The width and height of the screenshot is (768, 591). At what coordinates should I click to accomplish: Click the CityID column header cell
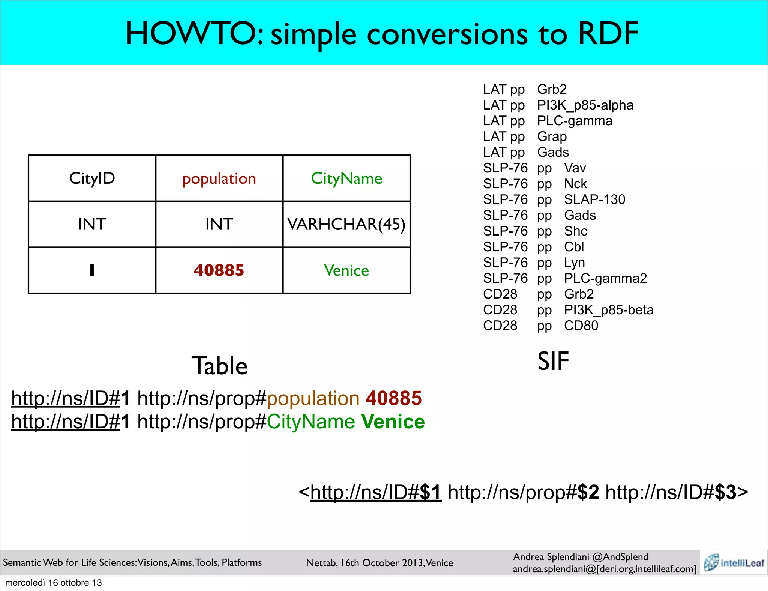click(x=92, y=178)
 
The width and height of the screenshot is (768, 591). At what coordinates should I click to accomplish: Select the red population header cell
click(x=219, y=179)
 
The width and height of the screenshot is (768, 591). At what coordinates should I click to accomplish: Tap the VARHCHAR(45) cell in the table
click(x=346, y=224)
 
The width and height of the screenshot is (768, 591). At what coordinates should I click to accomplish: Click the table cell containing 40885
click(x=219, y=270)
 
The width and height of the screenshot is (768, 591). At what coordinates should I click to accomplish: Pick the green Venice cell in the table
click(x=346, y=270)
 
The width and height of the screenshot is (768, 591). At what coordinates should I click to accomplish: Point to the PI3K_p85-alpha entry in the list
click(x=585, y=105)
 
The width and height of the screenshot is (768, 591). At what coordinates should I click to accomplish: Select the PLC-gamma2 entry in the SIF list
click(x=605, y=279)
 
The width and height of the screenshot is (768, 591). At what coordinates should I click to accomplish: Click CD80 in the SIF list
click(x=581, y=326)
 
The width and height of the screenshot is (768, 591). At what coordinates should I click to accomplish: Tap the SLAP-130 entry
click(x=594, y=200)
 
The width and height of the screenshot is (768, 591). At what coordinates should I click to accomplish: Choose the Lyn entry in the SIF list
click(x=574, y=263)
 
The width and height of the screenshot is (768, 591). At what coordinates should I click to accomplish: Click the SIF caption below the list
click(x=553, y=361)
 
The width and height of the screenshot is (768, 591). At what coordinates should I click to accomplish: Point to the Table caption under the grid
click(x=219, y=366)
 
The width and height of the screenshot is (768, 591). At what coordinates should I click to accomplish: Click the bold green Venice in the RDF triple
click(x=393, y=421)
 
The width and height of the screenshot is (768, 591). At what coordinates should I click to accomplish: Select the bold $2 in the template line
click(x=588, y=492)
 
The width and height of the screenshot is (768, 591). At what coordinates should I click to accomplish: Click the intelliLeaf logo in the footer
click(x=733, y=563)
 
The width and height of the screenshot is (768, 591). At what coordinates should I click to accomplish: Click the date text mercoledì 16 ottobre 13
click(x=54, y=583)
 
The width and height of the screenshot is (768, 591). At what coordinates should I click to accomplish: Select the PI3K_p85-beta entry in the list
click(x=609, y=310)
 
